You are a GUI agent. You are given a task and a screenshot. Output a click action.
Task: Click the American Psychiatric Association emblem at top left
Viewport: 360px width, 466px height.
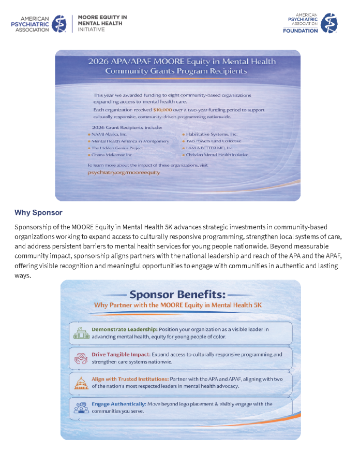coord(59,23)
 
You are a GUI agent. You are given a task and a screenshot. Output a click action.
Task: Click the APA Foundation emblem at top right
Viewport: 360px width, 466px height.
coord(329,23)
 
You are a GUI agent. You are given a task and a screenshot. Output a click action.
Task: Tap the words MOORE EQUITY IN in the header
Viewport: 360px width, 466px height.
coord(102,18)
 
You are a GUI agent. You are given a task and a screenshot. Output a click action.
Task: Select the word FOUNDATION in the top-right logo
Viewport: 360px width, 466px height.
coord(300,31)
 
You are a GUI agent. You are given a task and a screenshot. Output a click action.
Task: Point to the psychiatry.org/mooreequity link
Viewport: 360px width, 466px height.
coord(124,171)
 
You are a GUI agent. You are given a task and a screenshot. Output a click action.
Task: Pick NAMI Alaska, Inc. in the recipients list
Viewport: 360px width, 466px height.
coord(109,134)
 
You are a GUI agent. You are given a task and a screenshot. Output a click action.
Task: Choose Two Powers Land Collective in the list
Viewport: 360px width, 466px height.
coord(214,141)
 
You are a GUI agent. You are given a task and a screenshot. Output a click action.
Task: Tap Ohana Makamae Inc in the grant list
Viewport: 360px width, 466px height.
coord(112,154)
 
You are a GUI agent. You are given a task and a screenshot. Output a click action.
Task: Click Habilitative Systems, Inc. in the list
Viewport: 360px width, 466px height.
coord(212,134)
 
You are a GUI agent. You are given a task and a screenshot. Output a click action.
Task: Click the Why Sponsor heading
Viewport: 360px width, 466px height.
coord(38,213)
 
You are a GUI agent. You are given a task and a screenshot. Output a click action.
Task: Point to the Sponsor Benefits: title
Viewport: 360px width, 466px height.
coord(177,294)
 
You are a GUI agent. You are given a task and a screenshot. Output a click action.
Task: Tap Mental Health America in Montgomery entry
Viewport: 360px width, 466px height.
coord(130,141)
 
